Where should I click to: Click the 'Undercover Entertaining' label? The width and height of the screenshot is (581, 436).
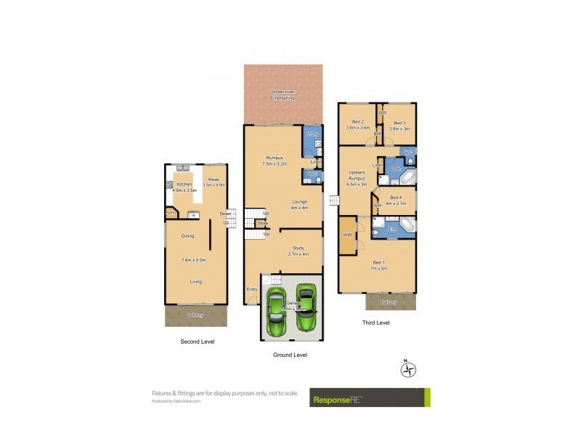point(283,94)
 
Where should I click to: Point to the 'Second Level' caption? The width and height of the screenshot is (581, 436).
point(197,341)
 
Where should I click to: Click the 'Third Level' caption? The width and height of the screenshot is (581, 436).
point(375,323)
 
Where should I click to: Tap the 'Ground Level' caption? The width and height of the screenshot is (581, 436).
point(290,355)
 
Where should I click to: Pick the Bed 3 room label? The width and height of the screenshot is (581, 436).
point(401,125)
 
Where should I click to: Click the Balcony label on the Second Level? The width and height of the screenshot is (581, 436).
point(195,315)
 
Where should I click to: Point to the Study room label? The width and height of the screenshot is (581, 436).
point(298,251)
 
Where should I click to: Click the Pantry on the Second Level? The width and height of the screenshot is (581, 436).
point(171,213)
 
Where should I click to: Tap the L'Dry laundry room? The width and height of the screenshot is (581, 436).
point(312,137)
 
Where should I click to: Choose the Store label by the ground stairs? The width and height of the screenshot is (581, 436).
point(261,223)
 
